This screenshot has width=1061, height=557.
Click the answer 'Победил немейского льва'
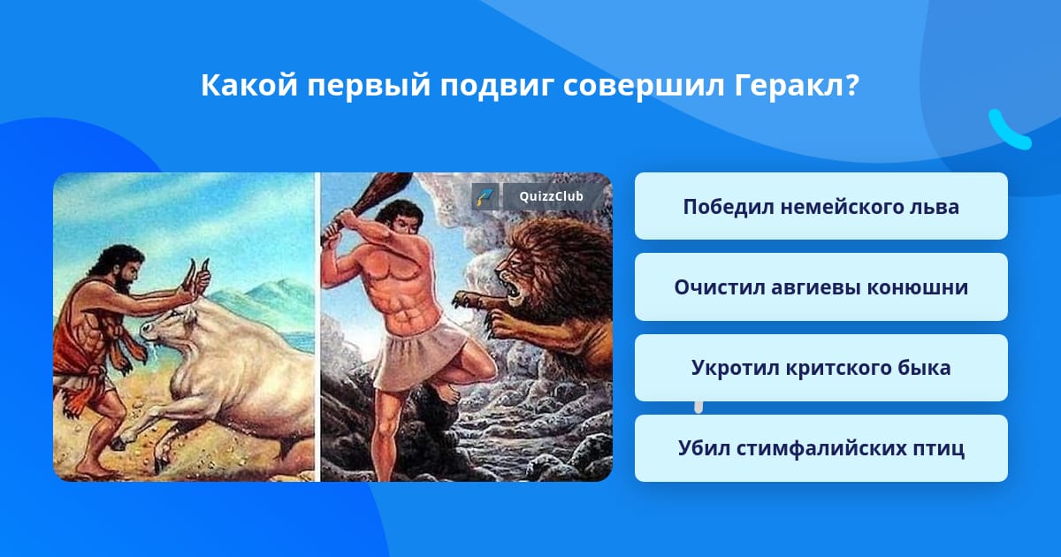tap(821, 207)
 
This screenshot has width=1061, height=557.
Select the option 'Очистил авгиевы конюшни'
tap(821, 287)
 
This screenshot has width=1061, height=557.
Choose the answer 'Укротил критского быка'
tap(821, 368)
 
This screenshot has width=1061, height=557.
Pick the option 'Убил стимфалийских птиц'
tap(821, 448)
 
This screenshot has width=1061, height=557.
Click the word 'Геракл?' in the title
tap(797, 86)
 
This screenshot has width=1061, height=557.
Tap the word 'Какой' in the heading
tap(249, 85)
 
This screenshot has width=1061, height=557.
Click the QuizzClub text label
tap(551, 196)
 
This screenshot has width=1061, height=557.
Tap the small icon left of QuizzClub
tap(485, 196)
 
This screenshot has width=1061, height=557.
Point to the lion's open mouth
tap(510, 286)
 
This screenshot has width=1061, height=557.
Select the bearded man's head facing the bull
tap(122, 268)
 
